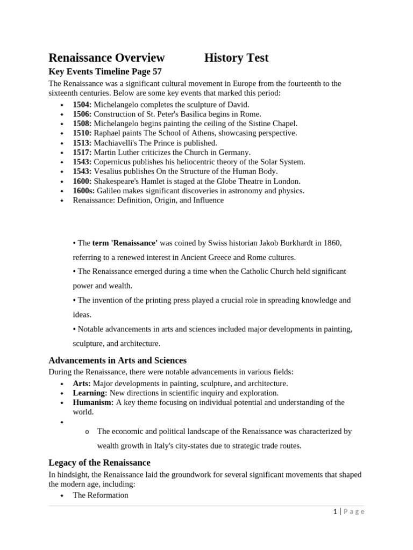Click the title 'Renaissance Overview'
pos(106,58)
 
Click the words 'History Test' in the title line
pos(236,58)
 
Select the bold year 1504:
pos(82,105)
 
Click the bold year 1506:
pos(82,114)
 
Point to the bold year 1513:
pos(82,143)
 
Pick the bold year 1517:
pos(82,153)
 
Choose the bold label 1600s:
pos(84,191)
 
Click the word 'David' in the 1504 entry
pos(237,105)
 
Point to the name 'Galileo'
pos(111,191)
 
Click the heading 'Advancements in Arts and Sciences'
pos(117,360)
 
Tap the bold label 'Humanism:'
pos(93,402)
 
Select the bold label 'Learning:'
pos(90,393)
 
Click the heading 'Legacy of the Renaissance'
pos(99,462)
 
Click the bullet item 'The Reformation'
pos(101,495)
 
